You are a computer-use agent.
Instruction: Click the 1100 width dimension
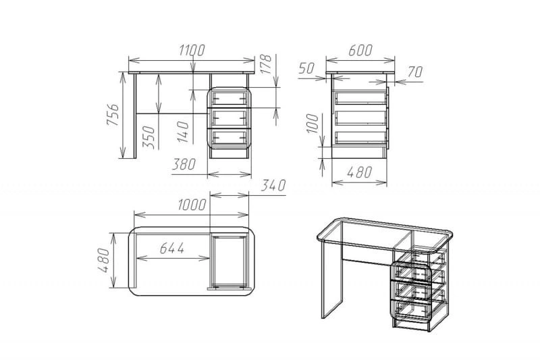(192, 50)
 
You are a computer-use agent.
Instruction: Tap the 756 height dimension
(113, 114)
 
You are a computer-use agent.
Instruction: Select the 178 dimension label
(266, 64)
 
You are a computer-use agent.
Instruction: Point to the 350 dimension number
(148, 136)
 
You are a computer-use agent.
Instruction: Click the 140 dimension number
(183, 132)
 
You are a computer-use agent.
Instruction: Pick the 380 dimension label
(184, 164)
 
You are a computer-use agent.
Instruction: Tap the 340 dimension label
(273, 185)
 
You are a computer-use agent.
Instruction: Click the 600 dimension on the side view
(360, 50)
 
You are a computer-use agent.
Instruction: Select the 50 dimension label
(306, 68)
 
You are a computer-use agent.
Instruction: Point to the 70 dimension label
(415, 72)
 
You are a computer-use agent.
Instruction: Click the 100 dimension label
(313, 124)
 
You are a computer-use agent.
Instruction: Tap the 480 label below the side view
(359, 172)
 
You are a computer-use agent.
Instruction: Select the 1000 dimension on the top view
(192, 205)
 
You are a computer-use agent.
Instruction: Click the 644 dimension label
(172, 248)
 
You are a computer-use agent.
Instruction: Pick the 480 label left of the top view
(105, 260)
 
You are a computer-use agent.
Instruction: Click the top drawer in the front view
(230, 97)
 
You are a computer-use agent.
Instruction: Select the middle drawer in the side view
(361, 118)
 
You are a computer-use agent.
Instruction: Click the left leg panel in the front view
(134, 116)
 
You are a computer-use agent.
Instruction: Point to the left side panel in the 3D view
(331, 278)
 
